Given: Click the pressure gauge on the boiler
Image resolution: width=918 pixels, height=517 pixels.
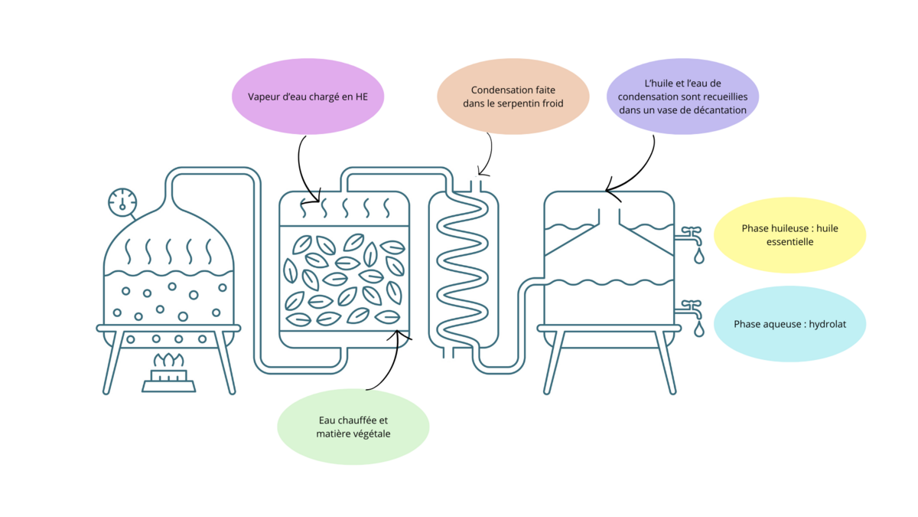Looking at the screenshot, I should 122,201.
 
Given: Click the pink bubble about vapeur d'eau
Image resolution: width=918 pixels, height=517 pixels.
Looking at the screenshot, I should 308,97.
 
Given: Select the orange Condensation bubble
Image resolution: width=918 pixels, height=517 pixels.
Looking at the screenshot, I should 513,97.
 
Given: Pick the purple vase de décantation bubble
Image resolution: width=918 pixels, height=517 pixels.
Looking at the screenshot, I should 682,97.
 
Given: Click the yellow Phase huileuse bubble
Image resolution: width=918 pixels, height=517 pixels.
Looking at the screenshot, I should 789,235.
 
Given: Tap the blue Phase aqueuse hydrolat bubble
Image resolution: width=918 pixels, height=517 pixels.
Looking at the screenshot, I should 789,324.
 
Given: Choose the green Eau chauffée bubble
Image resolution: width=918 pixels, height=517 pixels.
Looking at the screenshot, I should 353,427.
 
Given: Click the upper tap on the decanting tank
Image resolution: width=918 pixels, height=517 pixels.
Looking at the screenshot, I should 691,232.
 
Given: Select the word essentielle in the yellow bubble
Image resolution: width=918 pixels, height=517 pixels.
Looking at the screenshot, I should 789,242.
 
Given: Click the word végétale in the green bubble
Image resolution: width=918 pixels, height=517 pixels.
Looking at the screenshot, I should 370,434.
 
